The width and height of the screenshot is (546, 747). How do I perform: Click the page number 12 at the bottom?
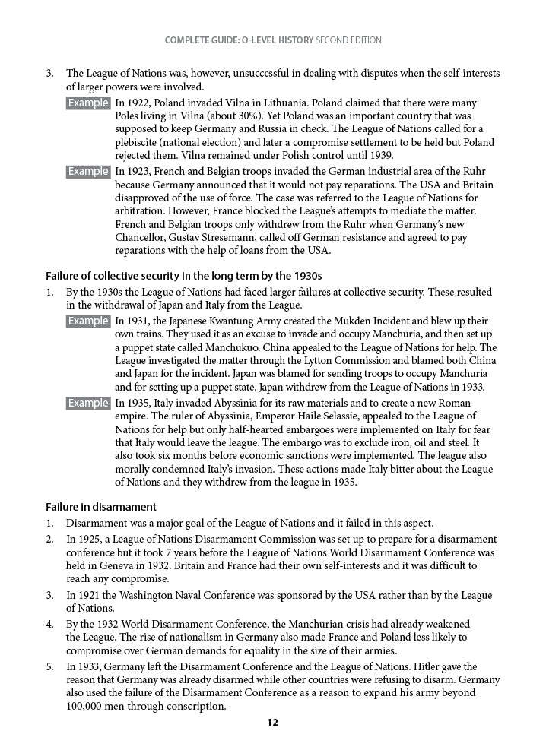(x=273, y=723)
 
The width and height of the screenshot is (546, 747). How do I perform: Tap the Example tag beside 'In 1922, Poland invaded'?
(x=88, y=103)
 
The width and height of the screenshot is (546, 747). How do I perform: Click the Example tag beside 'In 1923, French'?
(x=88, y=172)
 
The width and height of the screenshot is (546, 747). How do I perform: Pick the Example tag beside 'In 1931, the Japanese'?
(x=88, y=321)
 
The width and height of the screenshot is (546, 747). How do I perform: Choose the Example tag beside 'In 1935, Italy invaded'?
(x=88, y=404)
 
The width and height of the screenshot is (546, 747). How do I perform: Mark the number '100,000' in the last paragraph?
(x=90, y=706)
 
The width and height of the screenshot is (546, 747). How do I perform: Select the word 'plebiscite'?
(x=139, y=143)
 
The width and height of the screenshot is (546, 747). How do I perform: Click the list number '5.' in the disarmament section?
(x=49, y=666)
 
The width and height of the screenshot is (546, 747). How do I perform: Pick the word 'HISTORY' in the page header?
(x=296, y=40)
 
